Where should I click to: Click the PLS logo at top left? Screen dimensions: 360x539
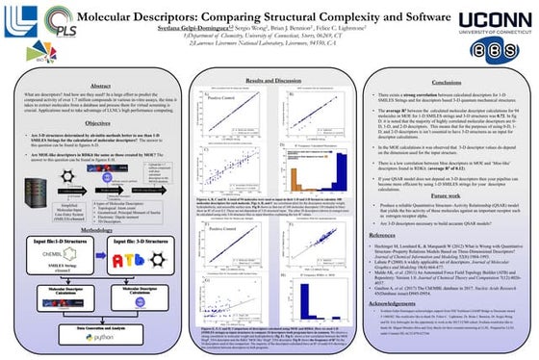coord(34,23)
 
